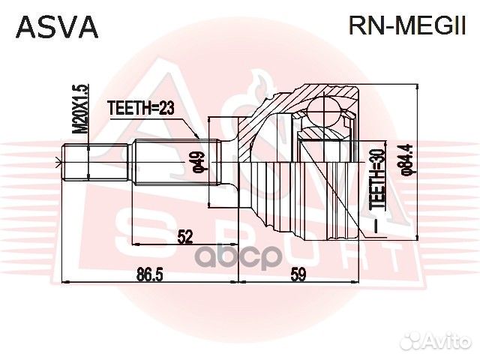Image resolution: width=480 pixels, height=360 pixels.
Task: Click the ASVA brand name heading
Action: pos(57,27)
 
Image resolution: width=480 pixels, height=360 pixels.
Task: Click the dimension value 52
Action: pos(186,236)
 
